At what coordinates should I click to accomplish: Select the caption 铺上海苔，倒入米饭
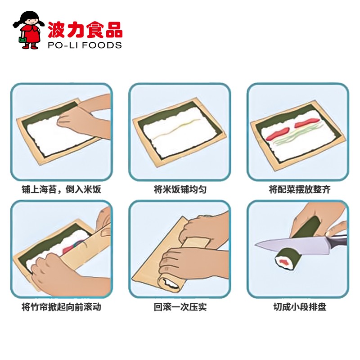point(61,189)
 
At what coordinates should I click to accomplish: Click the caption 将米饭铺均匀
point(180,189)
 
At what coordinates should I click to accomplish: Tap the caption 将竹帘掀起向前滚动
point(61,307)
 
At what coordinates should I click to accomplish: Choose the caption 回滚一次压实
point(180,307)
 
